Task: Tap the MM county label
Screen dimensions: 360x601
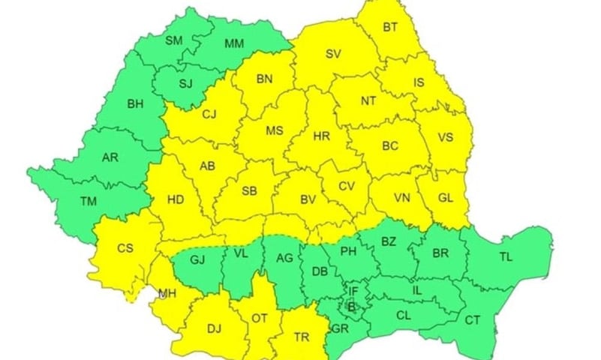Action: pos(234,43)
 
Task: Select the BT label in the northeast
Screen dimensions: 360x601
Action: pos(390,28)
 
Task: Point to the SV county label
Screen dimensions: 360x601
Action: pos(332,54)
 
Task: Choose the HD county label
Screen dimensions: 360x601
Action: pos(176,199)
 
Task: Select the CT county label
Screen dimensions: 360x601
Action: pos(472,319)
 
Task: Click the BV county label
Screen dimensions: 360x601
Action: pos(307,199)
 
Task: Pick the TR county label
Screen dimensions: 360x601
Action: pos(302,337)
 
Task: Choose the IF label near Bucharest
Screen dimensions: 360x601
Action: pos(353,290)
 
